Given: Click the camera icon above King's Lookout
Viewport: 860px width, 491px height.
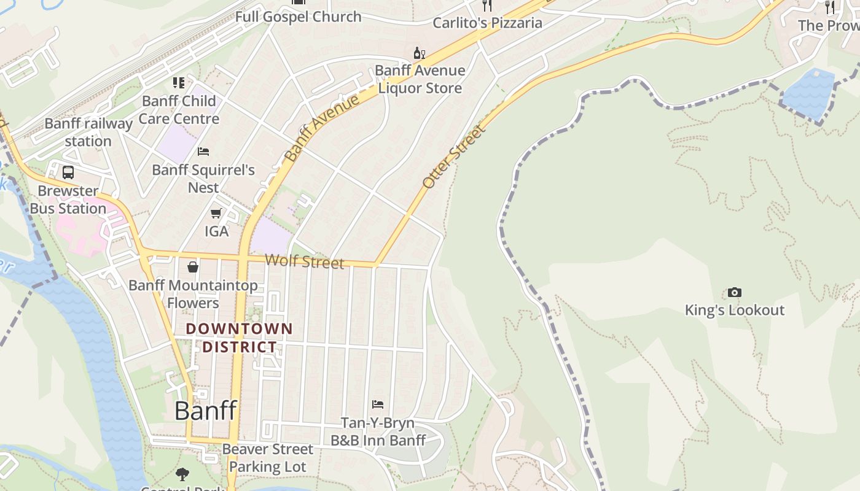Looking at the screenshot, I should click(734, 293).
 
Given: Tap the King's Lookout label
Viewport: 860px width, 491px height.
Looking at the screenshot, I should click(735, 310).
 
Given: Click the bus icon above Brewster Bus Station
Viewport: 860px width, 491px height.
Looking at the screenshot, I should click(68, 172).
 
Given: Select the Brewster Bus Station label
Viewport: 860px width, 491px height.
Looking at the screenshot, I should click(68, 199).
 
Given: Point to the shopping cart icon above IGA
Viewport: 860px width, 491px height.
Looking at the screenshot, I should click(216, 214).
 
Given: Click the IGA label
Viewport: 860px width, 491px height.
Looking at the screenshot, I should click(216, 231).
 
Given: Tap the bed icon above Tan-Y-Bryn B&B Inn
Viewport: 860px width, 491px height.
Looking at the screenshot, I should click(378, 404).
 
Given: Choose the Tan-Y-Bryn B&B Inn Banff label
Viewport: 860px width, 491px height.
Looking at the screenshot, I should click(378, 431).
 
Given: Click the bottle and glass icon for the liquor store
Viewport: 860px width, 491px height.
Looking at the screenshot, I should click(420, 53).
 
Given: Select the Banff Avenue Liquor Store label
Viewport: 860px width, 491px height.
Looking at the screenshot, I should click(420, 79).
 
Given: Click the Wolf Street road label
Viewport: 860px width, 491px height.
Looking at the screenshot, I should click(304, 261).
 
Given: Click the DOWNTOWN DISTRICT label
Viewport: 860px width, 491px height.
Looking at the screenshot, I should click(240, 338).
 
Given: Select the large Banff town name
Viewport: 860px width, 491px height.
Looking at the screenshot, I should click(206, 411).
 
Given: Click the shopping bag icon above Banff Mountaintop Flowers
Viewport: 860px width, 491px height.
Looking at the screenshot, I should click(193, 267).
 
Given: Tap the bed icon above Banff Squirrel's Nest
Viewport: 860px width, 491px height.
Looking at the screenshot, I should click(203, 152).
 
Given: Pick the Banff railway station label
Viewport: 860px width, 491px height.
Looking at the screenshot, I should click(88, 132).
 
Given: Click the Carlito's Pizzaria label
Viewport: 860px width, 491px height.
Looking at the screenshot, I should click(487, 23).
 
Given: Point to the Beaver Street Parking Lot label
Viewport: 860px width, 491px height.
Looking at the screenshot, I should click(267, 458).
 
